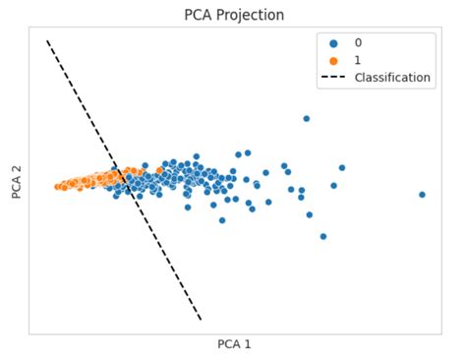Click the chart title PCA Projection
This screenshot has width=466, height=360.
click(234, 15)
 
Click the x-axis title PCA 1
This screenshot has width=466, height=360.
click(234, 344)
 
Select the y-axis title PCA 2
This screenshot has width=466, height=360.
click(17, 180)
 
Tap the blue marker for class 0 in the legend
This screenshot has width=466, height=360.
click(333, 43)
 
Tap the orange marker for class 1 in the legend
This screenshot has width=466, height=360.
click(333, 60)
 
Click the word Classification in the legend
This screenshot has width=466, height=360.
click(392, 78)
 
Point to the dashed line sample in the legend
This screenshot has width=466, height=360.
click(333, 78)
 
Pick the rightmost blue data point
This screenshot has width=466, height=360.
click(422, 195)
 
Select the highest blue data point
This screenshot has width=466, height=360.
click(306, 118)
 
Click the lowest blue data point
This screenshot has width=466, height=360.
click(322, 236)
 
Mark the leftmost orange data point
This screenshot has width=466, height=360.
click(58, 186)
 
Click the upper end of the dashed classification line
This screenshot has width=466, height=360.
click(47, 41)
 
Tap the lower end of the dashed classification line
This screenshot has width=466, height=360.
click(201, 320)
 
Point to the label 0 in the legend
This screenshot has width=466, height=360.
click(358, 43)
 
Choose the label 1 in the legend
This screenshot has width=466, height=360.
click(358, 60)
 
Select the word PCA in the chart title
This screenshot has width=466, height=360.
click(199, 15)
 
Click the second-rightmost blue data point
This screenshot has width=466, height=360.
click(342, 167)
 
